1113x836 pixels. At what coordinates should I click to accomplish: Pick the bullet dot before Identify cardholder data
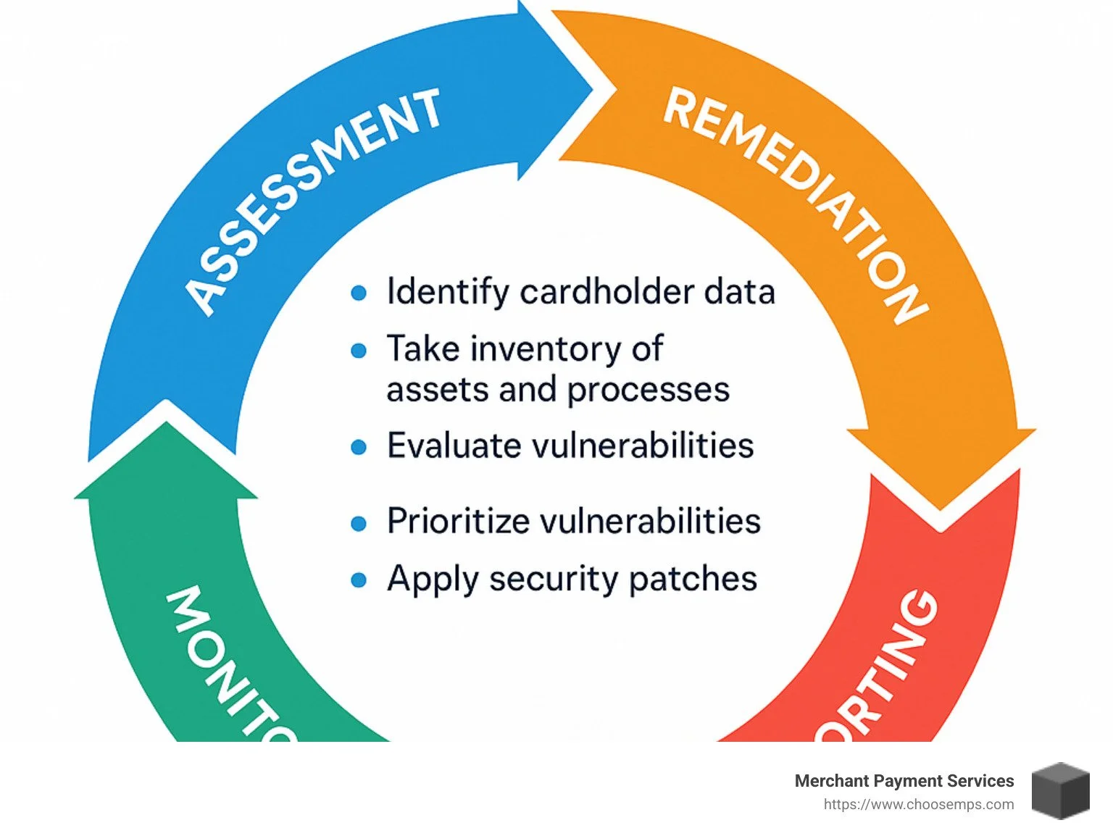coord(359,293)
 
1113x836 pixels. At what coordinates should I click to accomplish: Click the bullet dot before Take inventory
coord(359,351)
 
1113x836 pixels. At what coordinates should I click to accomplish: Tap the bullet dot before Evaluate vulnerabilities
coord(359,447)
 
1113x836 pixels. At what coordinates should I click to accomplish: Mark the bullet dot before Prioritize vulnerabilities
coord(359,523)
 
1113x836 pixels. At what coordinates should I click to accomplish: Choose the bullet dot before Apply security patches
coord(359,580)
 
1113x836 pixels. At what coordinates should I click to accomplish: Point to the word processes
coord(648,390)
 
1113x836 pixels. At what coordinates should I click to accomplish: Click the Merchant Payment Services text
coord(904,781)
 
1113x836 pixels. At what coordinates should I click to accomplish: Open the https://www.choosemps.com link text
coord(918,805)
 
